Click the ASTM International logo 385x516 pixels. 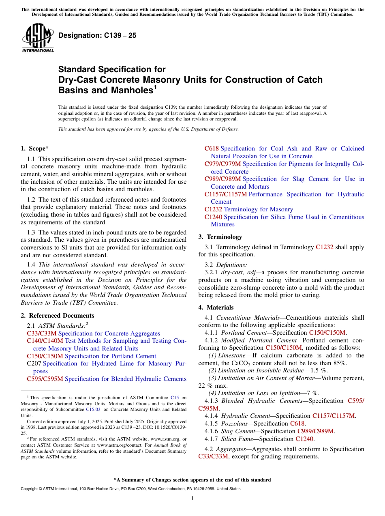tap(37, 38)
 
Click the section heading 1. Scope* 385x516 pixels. tap(35, 148)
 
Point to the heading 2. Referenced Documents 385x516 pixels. tap(58, 316)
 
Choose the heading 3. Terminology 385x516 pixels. tap(220, 237)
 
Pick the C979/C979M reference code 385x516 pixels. tap(222, 164)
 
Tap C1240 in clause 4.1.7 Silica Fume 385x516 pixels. tap(305, 439)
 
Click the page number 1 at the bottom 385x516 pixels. tap(192, 499)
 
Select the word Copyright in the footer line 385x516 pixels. tap(31, 489)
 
